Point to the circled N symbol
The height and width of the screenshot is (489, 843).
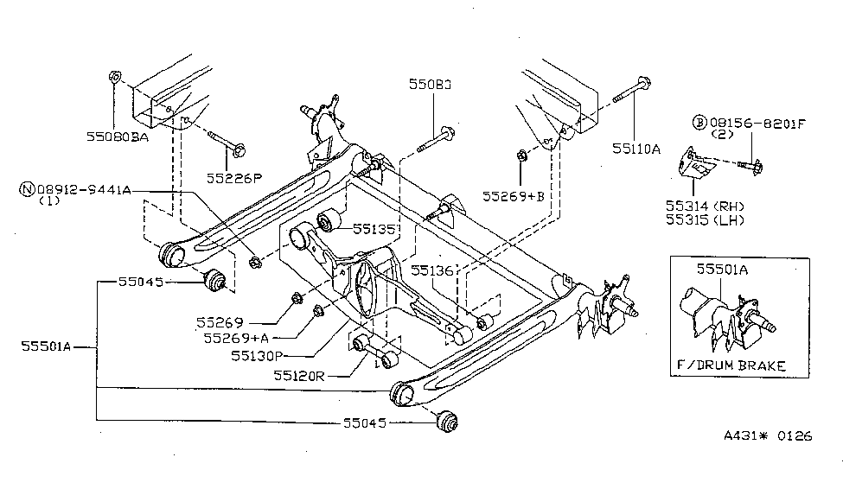coord(29,189)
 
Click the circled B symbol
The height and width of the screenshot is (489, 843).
coord(698,124)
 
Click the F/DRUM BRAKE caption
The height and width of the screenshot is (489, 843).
coord(730,365)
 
